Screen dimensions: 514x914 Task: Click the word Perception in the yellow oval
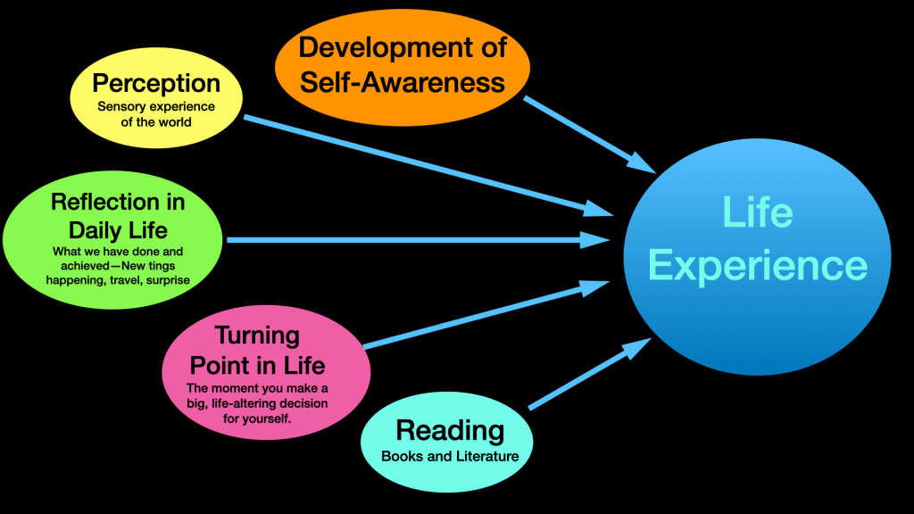tap(156, 83)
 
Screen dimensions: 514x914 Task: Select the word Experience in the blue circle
tap(757, 266)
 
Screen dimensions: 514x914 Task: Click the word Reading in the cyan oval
tap(450, 430)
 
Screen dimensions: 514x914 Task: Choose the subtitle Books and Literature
tap(450, 456)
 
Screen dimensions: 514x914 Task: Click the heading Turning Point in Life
tap(257, 350)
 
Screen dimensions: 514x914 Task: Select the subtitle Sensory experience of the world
tap(156, 113)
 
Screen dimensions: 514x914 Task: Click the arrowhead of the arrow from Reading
tap(635, 347)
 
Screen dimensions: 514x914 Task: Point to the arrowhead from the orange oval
tap(644, 162)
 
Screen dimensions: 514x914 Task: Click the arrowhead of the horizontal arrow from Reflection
tap(596, 240)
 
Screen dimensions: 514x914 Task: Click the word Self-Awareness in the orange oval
tap(403, 82)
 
